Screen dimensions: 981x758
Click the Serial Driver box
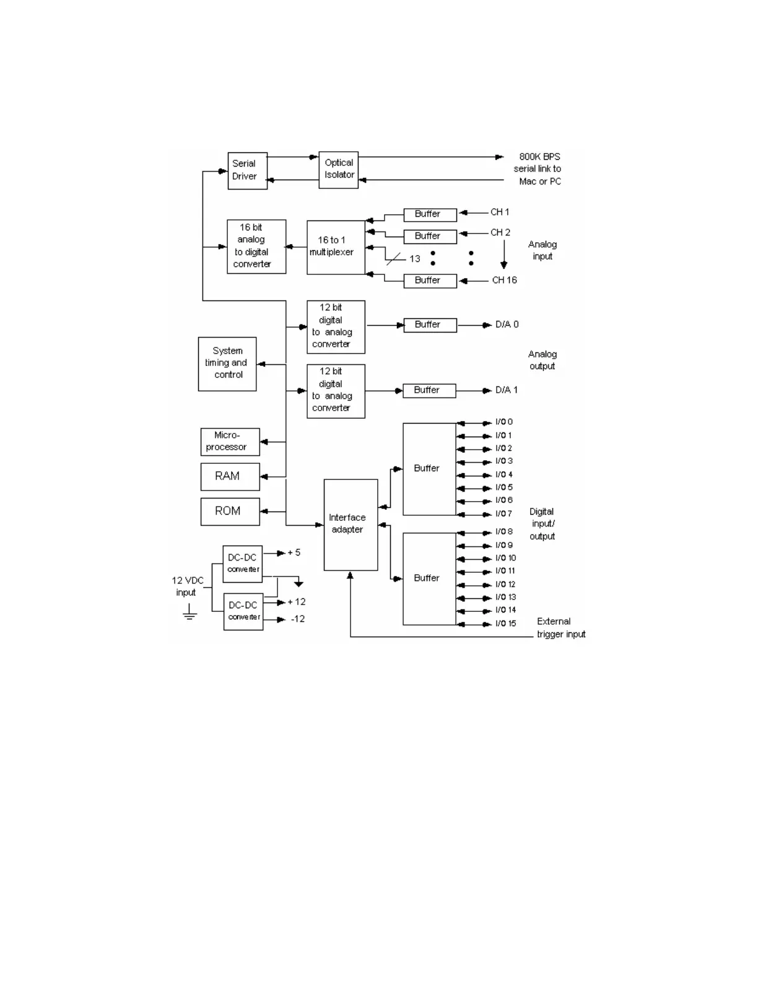click(247, 170)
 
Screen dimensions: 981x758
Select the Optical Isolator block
click(338, 169)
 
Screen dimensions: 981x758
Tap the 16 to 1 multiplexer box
click(336, 247)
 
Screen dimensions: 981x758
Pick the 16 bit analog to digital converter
click(256, 246)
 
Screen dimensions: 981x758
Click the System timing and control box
click(227, 364)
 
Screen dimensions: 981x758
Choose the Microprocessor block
click(230, 442)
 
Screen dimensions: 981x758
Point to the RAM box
click(230, 476)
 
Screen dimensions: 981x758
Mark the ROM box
click(230, 512)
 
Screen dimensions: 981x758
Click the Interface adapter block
click(351, 525)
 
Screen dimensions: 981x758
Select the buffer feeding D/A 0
click(430, 325)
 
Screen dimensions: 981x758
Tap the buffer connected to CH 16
click(430, 281)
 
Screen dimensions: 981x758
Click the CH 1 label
click(500, 212)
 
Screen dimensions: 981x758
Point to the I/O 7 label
click(503, 513)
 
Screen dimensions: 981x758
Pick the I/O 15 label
click(505, 624)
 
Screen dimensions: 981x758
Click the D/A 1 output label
click(507, 390)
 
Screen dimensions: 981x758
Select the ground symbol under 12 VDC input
click(189, 614)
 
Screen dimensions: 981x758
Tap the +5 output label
click(294, 552)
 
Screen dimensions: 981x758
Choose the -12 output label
click(298, 619)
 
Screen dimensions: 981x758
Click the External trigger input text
click(560, 628)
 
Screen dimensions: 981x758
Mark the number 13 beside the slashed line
click(414, 259)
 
